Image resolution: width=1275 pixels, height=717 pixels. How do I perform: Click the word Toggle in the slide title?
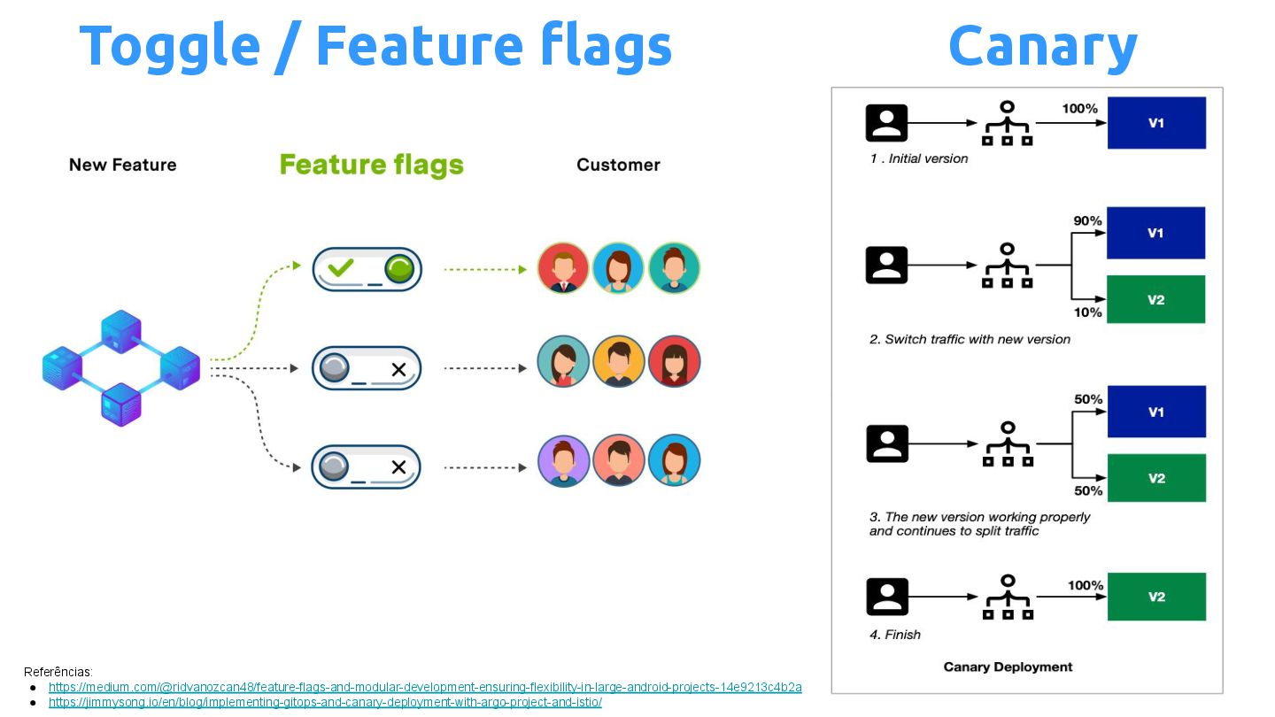point(169,46)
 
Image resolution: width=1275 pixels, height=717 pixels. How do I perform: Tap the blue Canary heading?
point(1042,46)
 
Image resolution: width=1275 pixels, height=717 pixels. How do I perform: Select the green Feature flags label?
point(371,165)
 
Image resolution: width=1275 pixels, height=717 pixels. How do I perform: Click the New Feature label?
point(122,165)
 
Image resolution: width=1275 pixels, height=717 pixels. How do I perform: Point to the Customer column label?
point(618,165)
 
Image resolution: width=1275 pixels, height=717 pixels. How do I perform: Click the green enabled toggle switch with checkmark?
point(367,269)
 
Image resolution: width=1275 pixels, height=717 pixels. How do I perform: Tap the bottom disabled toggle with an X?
point(367,466)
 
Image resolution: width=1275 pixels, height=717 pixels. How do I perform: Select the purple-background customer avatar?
point(563,461)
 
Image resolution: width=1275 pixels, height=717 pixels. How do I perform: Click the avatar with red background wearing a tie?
point(563,268)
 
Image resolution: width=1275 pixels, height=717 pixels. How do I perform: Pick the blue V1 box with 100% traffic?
point(1156,123)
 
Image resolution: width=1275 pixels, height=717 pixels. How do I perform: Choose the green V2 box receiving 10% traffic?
point(1155,299)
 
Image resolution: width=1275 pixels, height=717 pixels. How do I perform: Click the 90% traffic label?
point(1088,220)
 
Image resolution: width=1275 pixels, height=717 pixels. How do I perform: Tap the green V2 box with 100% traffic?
point(1156,597)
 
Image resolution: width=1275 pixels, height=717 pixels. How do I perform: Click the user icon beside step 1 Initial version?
point(886,123)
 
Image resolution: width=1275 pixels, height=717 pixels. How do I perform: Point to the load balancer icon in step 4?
point(1007,597)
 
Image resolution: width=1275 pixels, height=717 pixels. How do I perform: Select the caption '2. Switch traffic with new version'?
point(970,339)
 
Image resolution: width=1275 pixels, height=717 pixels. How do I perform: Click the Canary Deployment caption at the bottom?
point(1008,667)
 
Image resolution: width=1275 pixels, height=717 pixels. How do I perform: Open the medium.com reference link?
point(425,687)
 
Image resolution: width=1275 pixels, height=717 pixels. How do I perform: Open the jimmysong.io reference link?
point(325,702)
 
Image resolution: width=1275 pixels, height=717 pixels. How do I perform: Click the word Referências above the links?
point(58,672)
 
